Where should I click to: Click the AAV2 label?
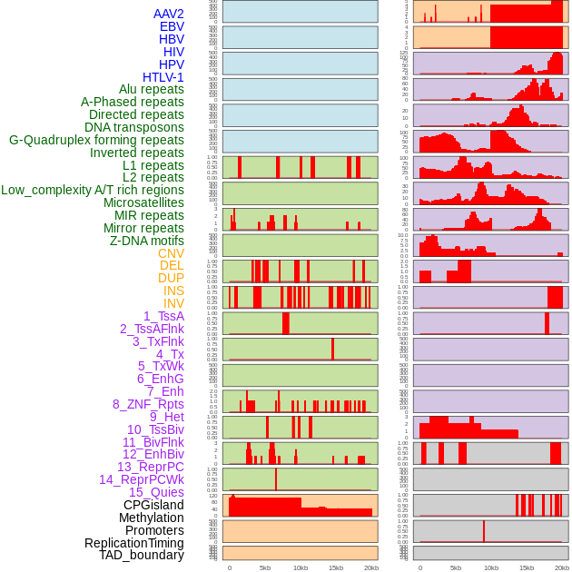169,14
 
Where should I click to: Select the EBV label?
172,26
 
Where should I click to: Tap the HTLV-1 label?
163,77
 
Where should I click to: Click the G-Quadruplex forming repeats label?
96,140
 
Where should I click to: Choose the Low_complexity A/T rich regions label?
93,190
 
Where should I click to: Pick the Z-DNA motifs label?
147,241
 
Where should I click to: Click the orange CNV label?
171,253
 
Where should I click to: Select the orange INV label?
173,303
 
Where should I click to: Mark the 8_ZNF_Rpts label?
148,404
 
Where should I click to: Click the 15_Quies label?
156,492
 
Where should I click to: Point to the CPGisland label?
153,505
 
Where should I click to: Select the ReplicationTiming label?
134,543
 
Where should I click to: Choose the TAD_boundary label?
142,555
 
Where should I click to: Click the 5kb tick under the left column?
265,567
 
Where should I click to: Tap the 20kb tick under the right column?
562,567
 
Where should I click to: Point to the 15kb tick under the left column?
335,567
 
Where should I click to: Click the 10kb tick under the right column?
491,567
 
